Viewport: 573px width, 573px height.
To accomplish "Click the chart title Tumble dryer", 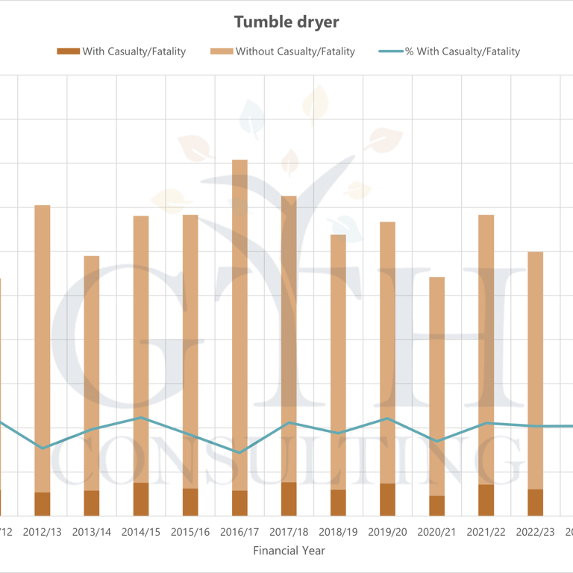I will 286,22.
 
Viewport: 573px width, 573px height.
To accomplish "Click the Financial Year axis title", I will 289,551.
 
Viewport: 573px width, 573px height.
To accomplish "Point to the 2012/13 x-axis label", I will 43,532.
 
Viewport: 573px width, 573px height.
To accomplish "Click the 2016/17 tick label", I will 239,532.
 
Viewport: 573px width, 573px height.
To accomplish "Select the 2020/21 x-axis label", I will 437,532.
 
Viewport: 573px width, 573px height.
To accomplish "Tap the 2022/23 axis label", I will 536,532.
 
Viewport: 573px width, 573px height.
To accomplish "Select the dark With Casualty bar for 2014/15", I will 141,499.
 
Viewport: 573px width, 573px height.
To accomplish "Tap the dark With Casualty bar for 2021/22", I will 486,500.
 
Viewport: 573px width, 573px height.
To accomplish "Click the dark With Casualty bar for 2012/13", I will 43,504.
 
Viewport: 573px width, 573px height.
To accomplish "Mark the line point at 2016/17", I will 239,452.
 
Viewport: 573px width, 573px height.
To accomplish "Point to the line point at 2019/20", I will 388,419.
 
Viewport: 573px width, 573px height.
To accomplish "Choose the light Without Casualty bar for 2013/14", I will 92,373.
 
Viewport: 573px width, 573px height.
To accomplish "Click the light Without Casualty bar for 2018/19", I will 339,362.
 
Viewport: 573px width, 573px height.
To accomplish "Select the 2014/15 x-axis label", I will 141,532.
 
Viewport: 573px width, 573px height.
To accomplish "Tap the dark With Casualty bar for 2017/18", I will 289,499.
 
